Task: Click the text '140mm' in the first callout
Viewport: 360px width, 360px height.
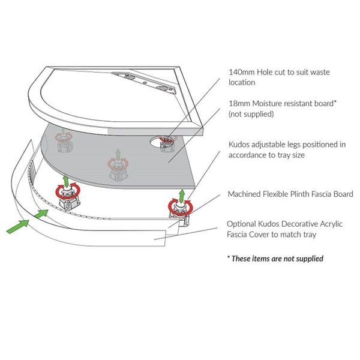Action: pyautogui.click(x=242, y=72)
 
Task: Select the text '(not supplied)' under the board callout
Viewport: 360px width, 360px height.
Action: pyautogui.click(x=251, y=114)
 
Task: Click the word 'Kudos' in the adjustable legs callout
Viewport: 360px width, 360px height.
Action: pyautogui.click(x=239, y=145)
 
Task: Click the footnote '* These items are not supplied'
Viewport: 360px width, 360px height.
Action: pyautogui.click(x=275, y=259)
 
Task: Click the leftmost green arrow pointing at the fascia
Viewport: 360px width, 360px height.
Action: pyautogui.click(x=18, y=226)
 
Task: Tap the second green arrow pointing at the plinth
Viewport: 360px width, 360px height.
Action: pyautogui.click(x=41, y=214)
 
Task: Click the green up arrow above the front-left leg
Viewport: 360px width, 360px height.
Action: pyautogui.click(x=66, y=181)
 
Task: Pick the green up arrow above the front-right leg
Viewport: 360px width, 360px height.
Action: pyautogui.click(x=182, y=195)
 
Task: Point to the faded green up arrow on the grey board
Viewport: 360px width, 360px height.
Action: pyautogui.click(x=118, y=154)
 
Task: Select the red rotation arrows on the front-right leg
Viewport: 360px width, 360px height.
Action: pyautogui.click(x=181, y=208)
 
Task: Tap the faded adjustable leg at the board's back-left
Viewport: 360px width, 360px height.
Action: pyautogui.click(x=64, y=141)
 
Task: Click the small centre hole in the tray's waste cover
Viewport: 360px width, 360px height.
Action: pyautogui.click(x=145, y=82)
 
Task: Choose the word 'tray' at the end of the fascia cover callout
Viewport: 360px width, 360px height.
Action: pyautogui.click(x=310, y=235)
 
